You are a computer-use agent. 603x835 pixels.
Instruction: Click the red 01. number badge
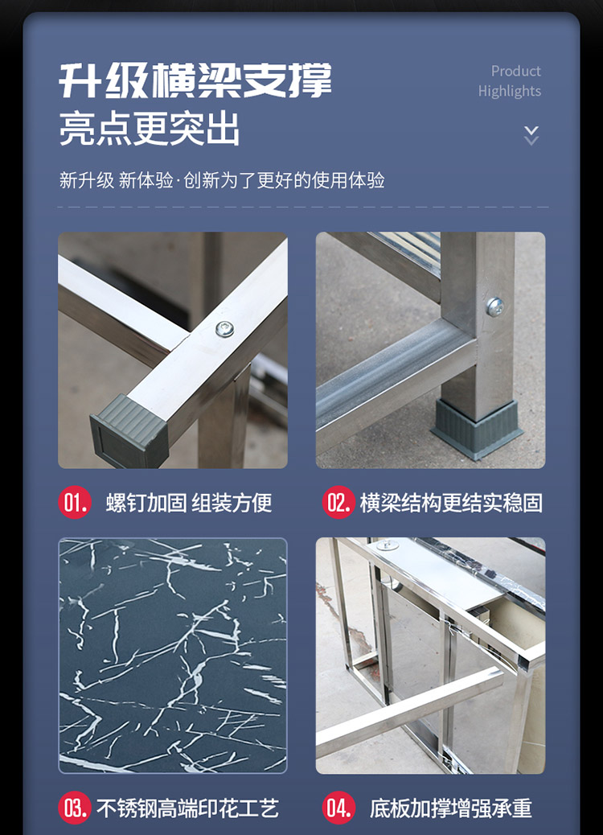tap(75, 502)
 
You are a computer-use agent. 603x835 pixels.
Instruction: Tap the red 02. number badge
tap(338, 502)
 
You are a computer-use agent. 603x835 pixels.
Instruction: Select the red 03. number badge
tap(75, 808)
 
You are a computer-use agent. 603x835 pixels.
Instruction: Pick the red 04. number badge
tap(338, 808)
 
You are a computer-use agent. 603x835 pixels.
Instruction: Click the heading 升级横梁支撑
tap(195, 80)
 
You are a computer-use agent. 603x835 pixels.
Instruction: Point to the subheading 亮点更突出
tap(149, 129)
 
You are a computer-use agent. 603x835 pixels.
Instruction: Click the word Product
tap(515, 72)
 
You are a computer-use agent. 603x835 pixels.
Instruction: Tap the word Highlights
tap(509, 92)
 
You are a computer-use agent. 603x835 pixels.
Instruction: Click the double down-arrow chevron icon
tap(531, 136)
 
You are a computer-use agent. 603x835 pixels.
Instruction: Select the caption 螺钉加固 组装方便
tap(189, 503)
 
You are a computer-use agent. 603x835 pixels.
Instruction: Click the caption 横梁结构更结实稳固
tap(451, 503)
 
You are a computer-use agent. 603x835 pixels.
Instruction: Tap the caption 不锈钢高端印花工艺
tap(187, 808)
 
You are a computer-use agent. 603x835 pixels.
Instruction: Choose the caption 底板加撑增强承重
tap(451, 808)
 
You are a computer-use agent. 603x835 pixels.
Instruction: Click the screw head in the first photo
tap(224, 329)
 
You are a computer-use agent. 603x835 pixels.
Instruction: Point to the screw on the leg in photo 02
tap(495, 306)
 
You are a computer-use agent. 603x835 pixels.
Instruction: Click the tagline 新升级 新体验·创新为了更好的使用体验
tap(222, 180)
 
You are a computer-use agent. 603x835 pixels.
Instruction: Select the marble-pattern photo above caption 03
tap(172, 656)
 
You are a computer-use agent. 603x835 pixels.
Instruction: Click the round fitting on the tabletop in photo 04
tap(388, 545)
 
